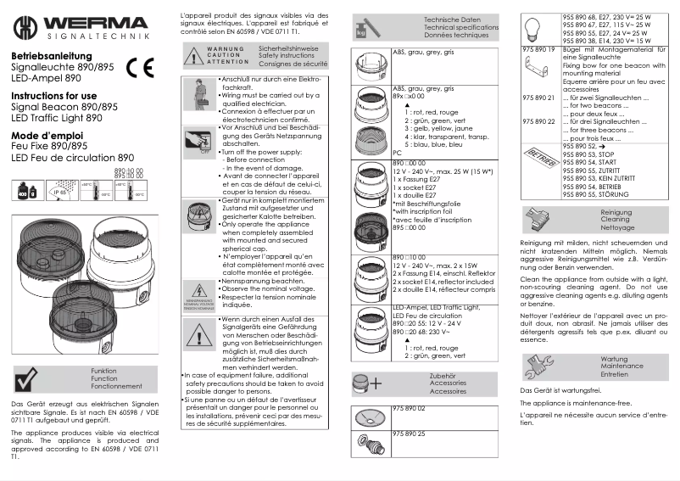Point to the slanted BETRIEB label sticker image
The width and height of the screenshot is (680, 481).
click(x=538, y=159)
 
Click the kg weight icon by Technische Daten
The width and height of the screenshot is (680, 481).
click(x=362, y=32)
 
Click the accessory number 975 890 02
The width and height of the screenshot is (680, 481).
click(x=410, y=409)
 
